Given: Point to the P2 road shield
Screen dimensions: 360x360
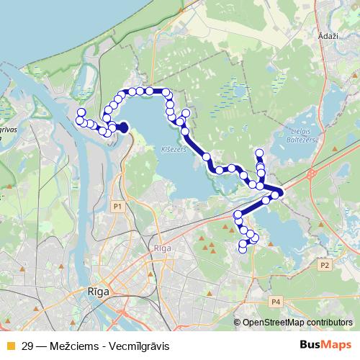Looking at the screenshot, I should click(x=324, y=265).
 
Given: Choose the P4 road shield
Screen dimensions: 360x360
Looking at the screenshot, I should click(x=275, y=301).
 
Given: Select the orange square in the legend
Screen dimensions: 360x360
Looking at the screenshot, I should click(x=9, y=346).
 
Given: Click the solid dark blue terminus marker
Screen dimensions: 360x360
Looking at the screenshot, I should click(x=122, y=127).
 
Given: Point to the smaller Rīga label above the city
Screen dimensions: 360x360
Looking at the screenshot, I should click(x=161, y=247).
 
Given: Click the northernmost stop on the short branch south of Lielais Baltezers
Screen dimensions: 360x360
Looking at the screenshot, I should click(x=260, y=152).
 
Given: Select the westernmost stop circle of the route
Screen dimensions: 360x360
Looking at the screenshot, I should click(x=80, y=120).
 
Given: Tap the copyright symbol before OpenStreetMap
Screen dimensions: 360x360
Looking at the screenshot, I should click(x=238, y=322).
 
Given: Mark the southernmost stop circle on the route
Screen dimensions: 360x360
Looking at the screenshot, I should click(x=243, y=249).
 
